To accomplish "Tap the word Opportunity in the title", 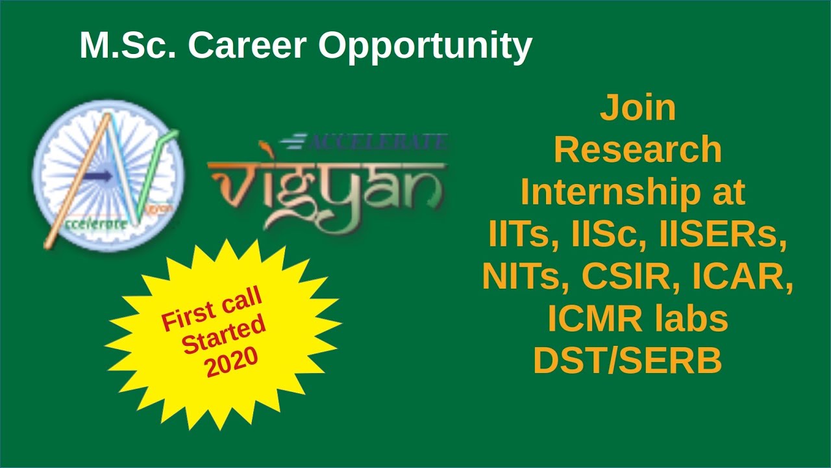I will pos(425,47).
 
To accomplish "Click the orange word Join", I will pos(638,109).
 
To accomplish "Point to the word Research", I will pos(638,150).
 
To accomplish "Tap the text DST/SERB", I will pos(627,361).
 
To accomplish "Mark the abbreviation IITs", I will pos(517,235).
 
